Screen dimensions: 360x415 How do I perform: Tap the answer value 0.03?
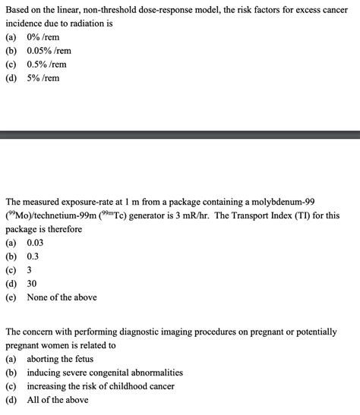(x=36, y=243)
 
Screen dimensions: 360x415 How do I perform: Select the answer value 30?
(x=32, y=284)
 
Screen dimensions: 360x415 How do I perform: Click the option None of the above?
(x=62, y=297)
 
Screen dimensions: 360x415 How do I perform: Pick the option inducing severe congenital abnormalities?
(x=105, y=373)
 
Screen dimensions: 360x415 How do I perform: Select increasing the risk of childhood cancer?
(x=100, y=386)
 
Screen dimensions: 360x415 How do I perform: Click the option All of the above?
(x=57, y=400)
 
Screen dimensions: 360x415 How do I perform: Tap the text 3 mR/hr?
(x=191, y=215)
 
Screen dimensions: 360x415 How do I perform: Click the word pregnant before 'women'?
(x=24, y=345)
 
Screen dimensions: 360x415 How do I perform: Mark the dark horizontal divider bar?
(x=180, y=135)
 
